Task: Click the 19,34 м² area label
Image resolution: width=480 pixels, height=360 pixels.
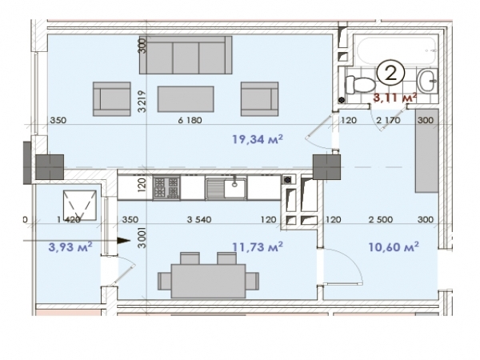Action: pyautogui.click(x=258, y=139)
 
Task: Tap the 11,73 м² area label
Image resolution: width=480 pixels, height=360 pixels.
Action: pyautogui.click(x=258, y=246)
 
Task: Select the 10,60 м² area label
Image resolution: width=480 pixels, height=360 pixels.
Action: pyautogui.click(x=394, y=246)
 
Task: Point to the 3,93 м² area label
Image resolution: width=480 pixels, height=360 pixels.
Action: pyautogui.click(x=70, y=246)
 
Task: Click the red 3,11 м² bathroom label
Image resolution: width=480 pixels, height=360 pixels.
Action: pyautogui.click(x=395, y=98)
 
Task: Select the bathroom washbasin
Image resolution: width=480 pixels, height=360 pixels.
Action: pyautogui.click(x=428, y=81)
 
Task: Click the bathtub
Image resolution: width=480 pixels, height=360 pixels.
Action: pyautogui.click(x=396, y=50)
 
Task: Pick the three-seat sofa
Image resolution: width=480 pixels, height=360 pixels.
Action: pyautogui.click(x=186, y=54)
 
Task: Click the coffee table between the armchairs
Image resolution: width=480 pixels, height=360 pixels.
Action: pyautogui.click(x=186, y=99)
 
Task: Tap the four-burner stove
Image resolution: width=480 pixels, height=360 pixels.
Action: pyautogui.click(x=166, y=187)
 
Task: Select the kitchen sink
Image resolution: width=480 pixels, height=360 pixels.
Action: pyautogui.click(x=226, y=187)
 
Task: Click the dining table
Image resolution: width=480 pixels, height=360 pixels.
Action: pyautogui.click(x=209, y=281)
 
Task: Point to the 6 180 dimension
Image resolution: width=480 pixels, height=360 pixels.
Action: pyautogui.click(x=190, y=120)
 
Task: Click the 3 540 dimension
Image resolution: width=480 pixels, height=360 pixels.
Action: pyautogui.click(x=199, y=219)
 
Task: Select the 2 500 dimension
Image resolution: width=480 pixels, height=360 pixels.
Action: pyautogui.click(x=381, y=219)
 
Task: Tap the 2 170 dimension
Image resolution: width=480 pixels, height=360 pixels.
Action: pyautogui.click(x=388, y=120)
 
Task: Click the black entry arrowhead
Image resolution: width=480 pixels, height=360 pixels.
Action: pyautogui.click(x=124, y=241)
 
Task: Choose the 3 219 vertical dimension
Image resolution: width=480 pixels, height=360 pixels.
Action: pyautogui.click(x=142, y=102)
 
